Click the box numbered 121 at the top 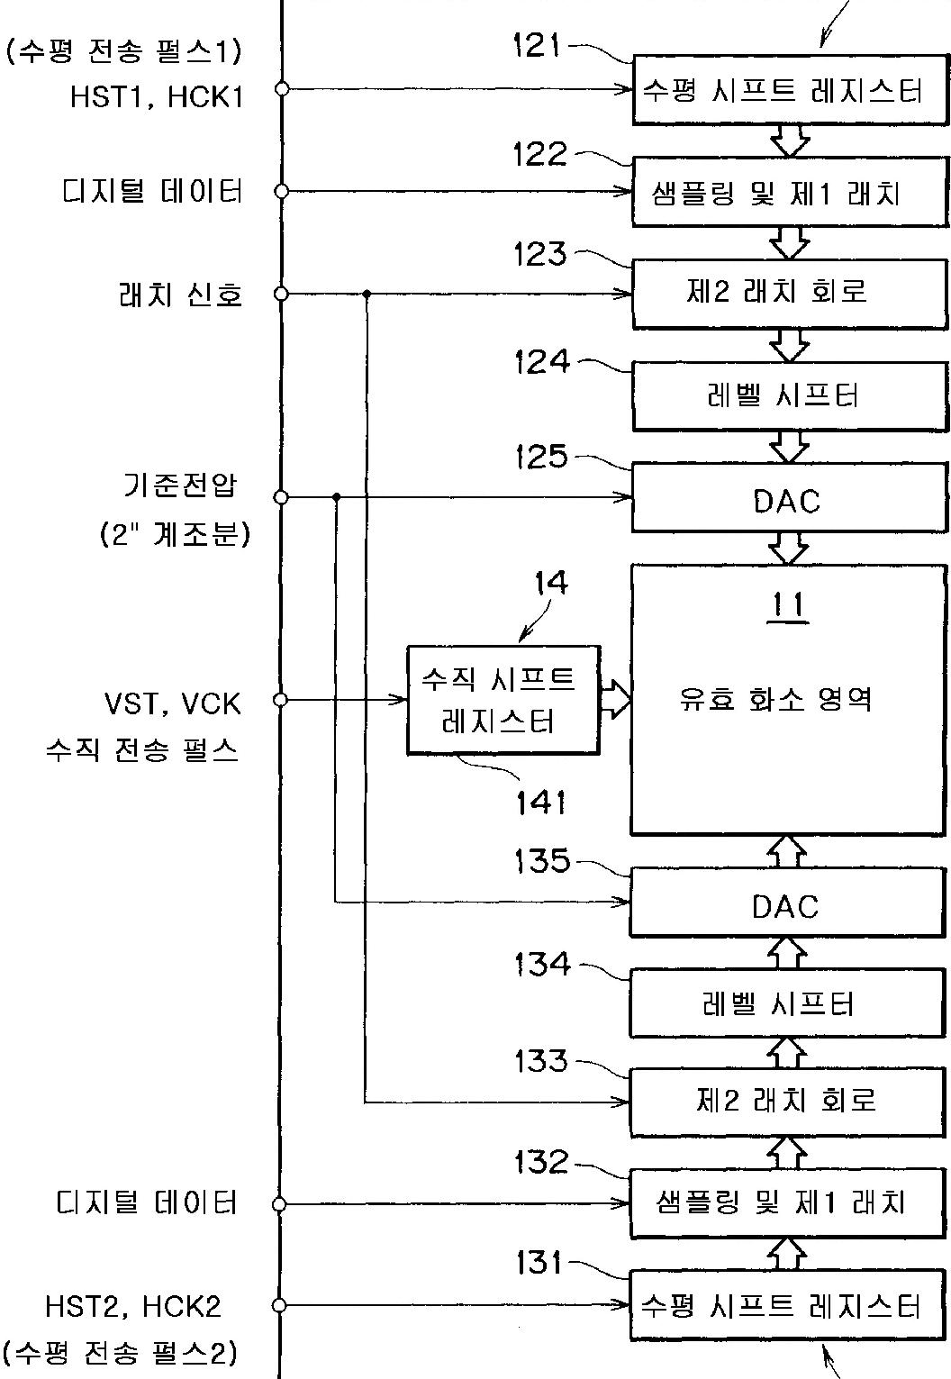[x=790, y=89]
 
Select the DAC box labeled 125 [x=790, y=498]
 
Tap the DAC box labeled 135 [x=788, y=903]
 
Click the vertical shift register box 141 [x=503, y=700]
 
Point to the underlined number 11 [x=786, y=606]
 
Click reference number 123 [x=540, y=254]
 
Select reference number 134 [x=542, y=965]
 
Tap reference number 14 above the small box [x=550, y=583]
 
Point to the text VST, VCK [x=173, y=703]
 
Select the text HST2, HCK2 [x=132, y=1306]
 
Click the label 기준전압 [x=180, y=486]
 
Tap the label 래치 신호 [x=180, y=295]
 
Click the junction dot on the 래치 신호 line [x=367, y=294]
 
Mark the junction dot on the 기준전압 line [x=336, y=496]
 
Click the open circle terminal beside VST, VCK [x=280, y=699]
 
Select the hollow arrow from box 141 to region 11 [x=615, y=700]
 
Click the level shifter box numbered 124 [x=790, y=396]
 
